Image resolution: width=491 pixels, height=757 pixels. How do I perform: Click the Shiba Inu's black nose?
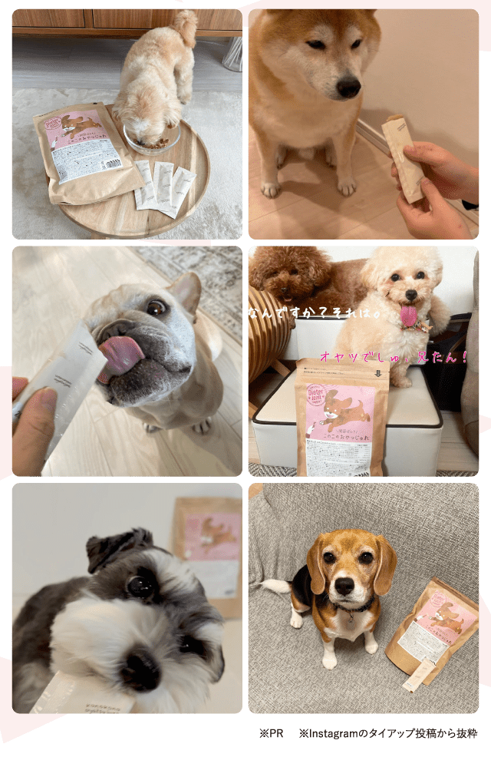click(348, 87)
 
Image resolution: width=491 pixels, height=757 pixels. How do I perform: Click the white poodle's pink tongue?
click(408, 316)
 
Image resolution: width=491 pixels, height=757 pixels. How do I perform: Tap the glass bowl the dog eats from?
click(152, 139)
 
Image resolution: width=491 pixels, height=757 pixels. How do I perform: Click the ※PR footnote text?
click(271, 734)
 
